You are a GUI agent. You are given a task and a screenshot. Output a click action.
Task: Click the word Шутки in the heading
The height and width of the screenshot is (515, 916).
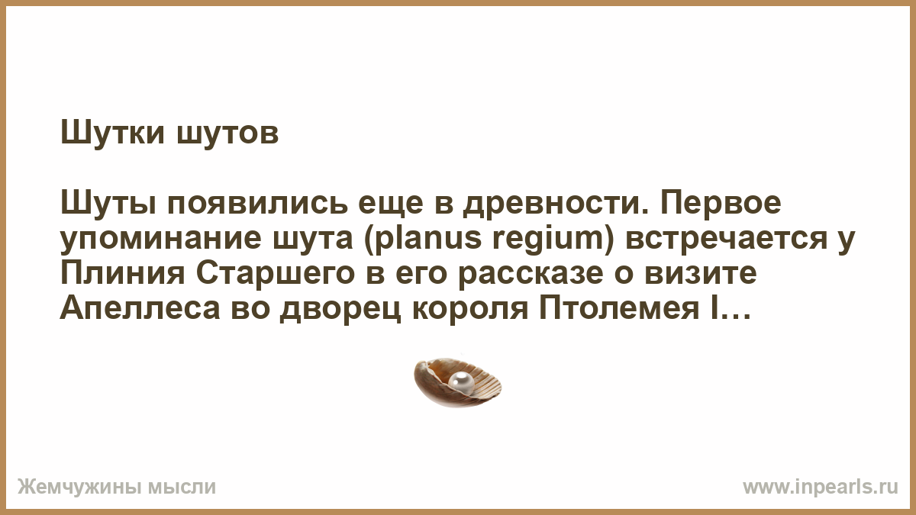pyautogui.click(x=112, y=133)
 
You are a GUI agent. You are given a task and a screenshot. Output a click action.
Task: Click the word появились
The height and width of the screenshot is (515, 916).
pyautogui.click(x=257, y=203)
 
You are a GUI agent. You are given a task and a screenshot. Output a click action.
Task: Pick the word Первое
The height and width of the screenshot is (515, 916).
pyautogui.click(x=720, y=203)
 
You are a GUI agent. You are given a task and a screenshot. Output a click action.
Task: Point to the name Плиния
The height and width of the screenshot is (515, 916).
pyautogui.click(x=123, y=273)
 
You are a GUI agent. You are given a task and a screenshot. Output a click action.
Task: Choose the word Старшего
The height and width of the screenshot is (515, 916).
pyautogui.click(x=276, y=274)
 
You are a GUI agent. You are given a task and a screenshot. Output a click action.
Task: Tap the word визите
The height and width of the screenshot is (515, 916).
pyautogui.click(x=701, y=274)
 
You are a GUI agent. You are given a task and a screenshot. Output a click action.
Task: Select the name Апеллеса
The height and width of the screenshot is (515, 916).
pyautogui.click(x=140, y=309)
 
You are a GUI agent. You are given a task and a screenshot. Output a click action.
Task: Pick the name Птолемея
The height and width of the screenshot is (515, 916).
pyautogui.click(x=619, y=309)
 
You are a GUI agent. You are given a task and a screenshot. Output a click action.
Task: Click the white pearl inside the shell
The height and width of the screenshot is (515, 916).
pyautogui.click(x=461, y=382)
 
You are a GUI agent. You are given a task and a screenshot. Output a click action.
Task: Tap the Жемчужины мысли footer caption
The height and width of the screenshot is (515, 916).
pyautogui.click(x=117, y=488)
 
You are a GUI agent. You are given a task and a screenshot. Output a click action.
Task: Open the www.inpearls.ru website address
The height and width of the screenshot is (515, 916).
pyautogui.click(x=821, y=488)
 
